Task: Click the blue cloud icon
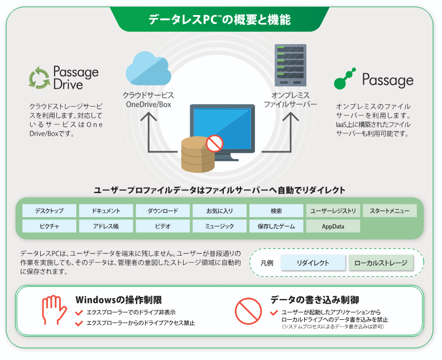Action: [148, 69]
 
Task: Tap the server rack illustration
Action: [290, 65]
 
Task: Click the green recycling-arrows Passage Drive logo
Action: [39, 78]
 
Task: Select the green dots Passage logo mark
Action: [344, 79]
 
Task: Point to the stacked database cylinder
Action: [198, 155]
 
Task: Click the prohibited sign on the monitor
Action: [214, 143]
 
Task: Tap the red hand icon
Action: [54, 310]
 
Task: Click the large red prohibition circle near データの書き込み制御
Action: [248, 311]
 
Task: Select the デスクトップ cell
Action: [49, 211]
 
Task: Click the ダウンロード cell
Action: [162, 211]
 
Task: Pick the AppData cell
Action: [333, 227]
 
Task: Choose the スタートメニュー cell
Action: [390, 211]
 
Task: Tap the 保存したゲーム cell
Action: [276, 227]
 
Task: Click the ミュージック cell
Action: [219, 227]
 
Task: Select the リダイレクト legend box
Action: [313, 263]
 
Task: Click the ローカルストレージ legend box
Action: [381, 263]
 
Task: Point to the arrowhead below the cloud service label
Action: [148, 117]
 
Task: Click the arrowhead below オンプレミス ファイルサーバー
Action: [291, 117]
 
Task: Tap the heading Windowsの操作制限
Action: [119, 300]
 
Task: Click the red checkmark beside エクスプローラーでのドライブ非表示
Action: [79, 313]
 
